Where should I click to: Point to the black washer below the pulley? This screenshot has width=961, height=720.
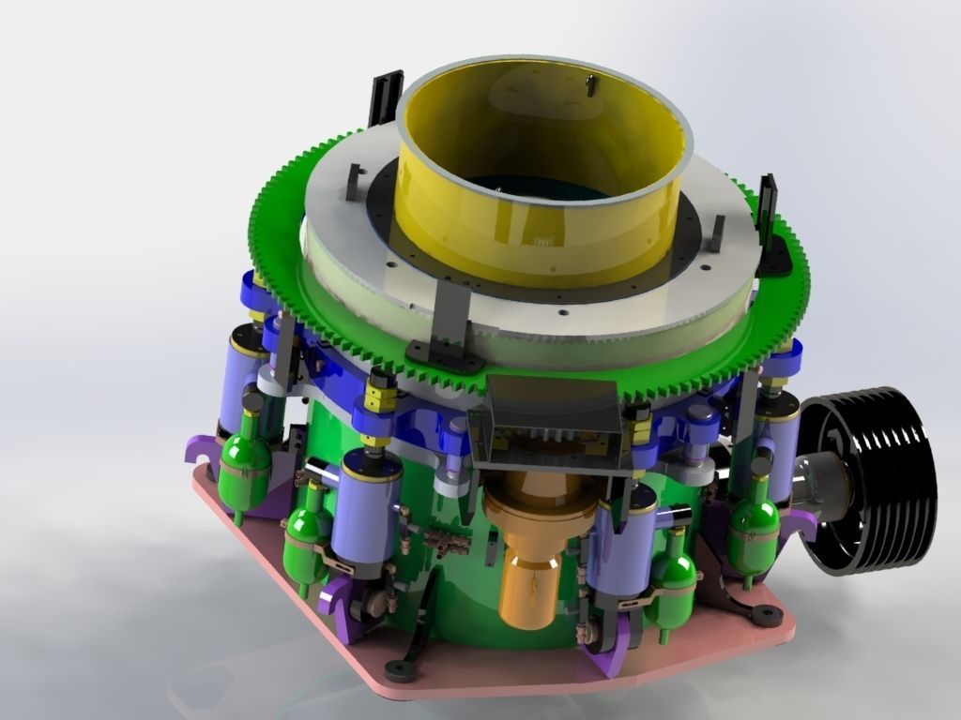point(769,615)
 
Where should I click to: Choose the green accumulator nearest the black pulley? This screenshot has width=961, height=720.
point(754,520)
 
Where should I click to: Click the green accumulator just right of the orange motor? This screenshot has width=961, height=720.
point(674,572)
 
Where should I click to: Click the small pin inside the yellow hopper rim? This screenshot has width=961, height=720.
point(591,86)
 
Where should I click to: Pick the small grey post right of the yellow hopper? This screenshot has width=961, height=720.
point(716,230)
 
